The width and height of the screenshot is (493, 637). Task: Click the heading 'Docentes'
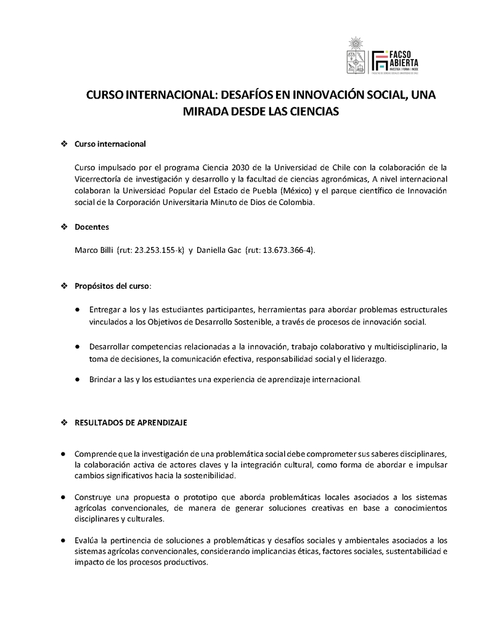click(91, 227)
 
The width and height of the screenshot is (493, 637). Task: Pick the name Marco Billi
click(94, 250)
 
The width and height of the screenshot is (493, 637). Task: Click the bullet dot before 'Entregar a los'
click(76, 310)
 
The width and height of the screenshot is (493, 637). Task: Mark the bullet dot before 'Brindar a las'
click(76, 380)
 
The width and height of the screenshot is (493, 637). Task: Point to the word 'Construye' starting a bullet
click(92, 496)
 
